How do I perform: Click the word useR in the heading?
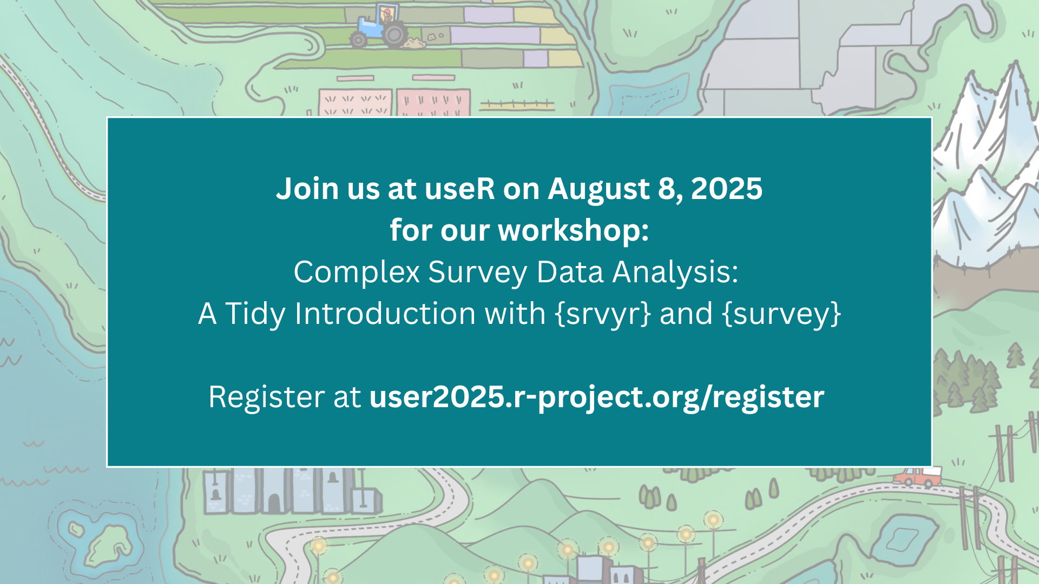[x=459, y=189]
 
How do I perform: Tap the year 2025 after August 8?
[x=727, y=189]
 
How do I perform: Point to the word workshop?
[x=574, y=230]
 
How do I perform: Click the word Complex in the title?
[x=357, y=272]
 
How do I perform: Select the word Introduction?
[x=420, y=314]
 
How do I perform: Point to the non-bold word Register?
[x=266, y=398]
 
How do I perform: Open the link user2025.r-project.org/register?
[x=597, y=398]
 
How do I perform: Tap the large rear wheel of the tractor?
[x=396, y=35]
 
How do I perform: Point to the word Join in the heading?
[x=307, y=189]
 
